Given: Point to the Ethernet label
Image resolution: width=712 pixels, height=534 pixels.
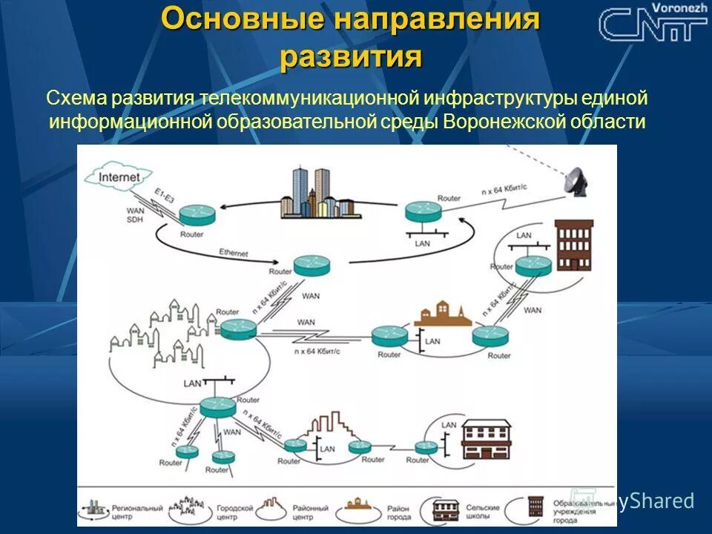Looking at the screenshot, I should (x=234, y=254).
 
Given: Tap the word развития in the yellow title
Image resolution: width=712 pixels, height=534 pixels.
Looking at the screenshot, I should (x=351, y=57).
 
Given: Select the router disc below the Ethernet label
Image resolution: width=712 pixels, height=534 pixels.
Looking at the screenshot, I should (x=310, y=266).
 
